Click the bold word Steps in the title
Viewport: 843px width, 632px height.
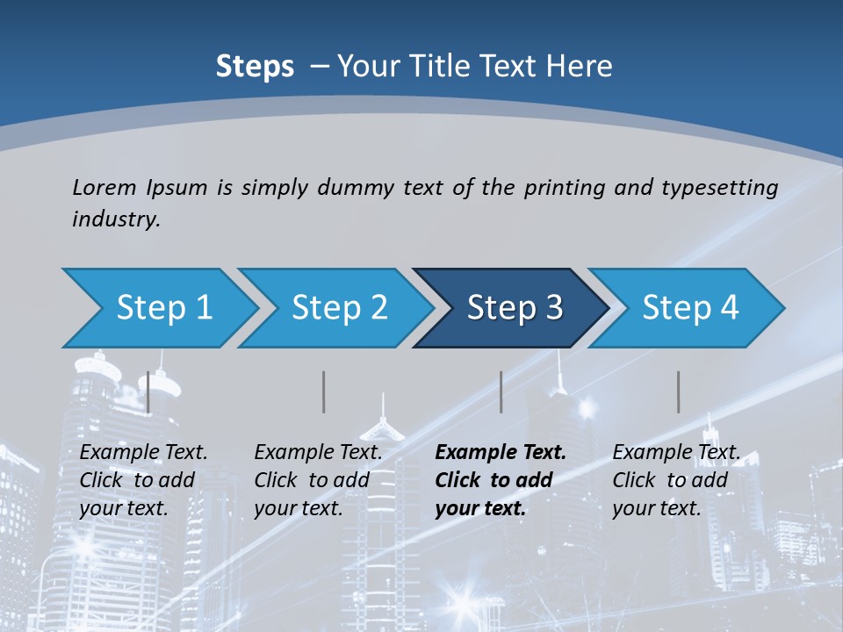pyautogui.click(x=255, y=67)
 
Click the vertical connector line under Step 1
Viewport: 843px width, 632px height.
pyautogui.click(x=148, y=391)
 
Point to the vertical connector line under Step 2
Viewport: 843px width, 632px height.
pyautogui.click(x=324, y=391)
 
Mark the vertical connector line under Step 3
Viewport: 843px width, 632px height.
pyautogui.click(x=501, y=391)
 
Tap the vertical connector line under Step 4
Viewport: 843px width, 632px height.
pyautogui.click(x=678, y=391)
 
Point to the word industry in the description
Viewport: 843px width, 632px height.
pyautogui.click(x=115, y=219)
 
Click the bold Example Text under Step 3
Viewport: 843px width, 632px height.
pyautogui.click(x=501, y=453)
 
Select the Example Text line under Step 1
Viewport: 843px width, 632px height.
pyautogui.click(x=143, y=453)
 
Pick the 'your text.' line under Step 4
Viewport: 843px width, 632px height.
pyautogui.click(x=656, y=508)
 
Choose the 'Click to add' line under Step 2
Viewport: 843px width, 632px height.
pyautogui.click(x=312, y=481)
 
